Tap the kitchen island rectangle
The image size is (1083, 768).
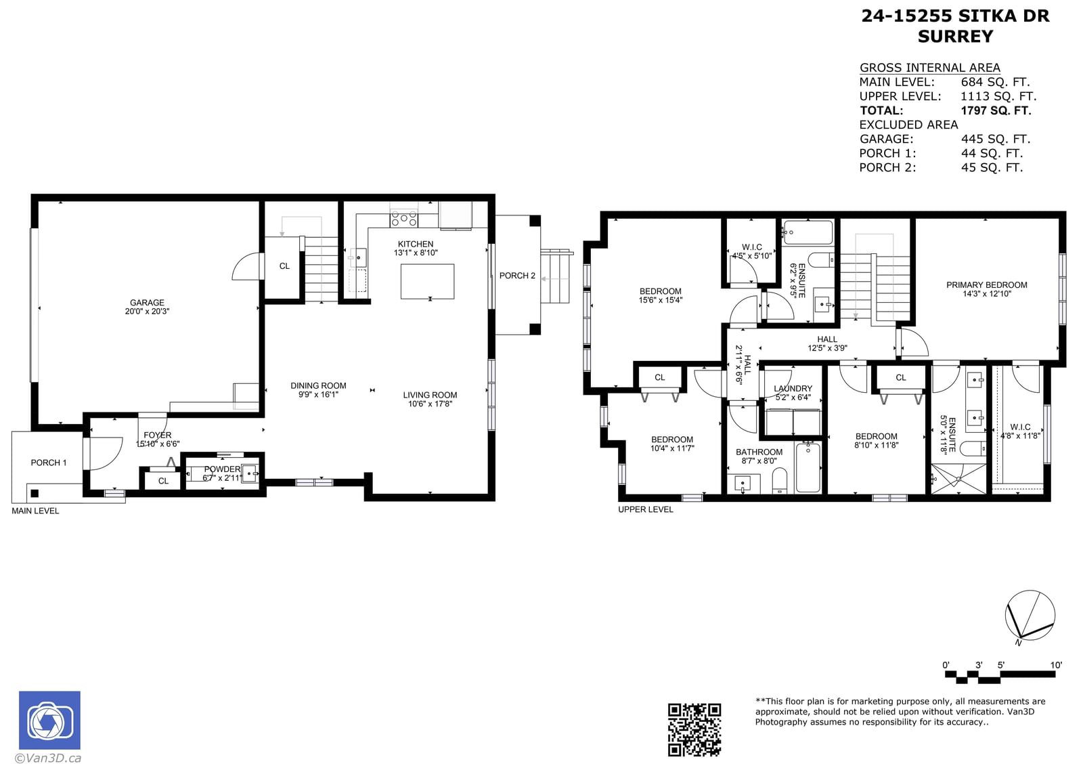[x=427, y=282]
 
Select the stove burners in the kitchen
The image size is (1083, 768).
[x=403, y=219]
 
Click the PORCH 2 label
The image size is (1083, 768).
[x=517, y=276]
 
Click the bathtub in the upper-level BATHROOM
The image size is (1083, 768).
[x=808, y=467]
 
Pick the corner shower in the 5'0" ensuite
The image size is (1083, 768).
[x=958, y=479]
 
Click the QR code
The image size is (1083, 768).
[x=694, y=730]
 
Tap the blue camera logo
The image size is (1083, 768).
[x=50, y=720]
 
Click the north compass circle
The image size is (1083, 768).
[x=1030, y=615]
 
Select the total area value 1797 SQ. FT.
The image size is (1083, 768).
[x=996, y=110]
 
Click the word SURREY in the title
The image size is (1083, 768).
[x=955, y=37]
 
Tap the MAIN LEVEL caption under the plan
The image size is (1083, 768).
[x=35, y=511]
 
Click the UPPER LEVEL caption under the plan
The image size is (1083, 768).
[x=646, y=509]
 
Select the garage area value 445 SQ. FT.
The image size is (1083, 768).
[x=996, y=139]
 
